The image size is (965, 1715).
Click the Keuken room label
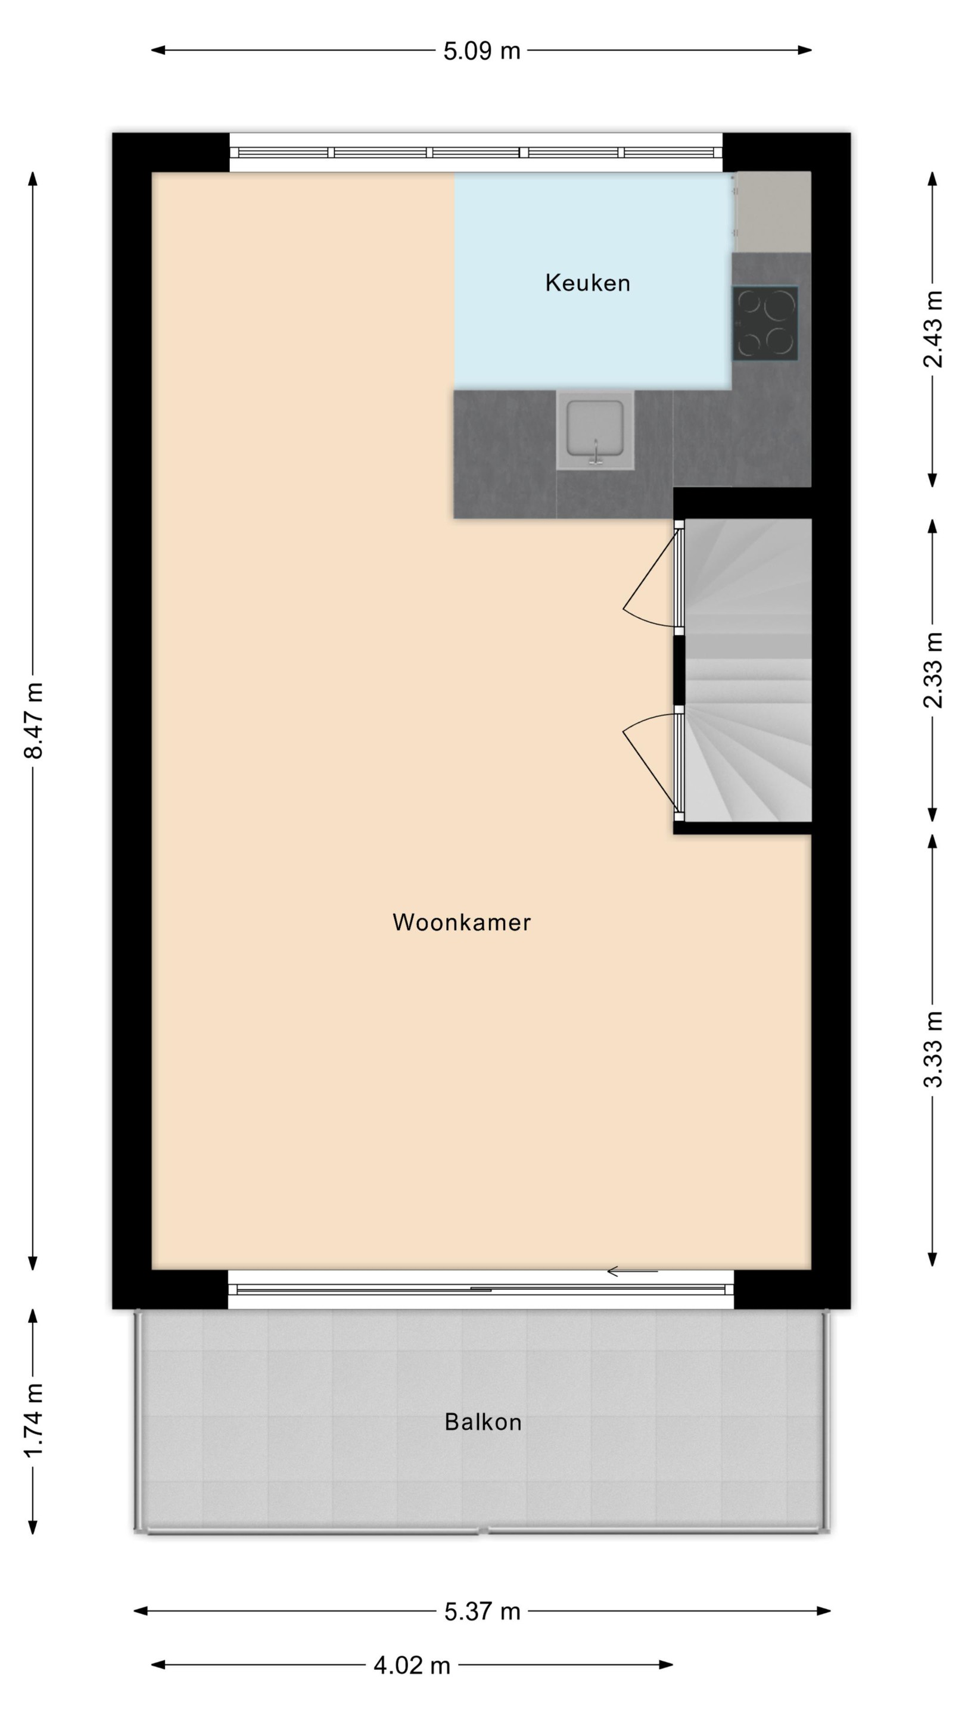[x=587, y=283]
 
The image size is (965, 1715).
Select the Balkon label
[x=483, y=1422]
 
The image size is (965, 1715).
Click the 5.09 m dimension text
[x=481, y=51]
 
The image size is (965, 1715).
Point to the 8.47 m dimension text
[x=33, y=721]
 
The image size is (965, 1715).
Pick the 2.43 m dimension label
[x=932, y=328]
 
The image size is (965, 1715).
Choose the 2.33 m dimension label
[x=932, y=670]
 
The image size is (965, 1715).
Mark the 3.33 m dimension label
[x=932, y=1049]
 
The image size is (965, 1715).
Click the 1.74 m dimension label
[x=33, y=1420]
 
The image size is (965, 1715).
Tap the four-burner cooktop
[x=765, y=323]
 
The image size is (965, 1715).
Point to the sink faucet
[x=596, y=452]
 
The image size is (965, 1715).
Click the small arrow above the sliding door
[x=632, y=1271]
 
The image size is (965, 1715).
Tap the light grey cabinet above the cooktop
[x=773, y=212]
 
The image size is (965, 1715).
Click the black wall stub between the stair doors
[x=678, y=670]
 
